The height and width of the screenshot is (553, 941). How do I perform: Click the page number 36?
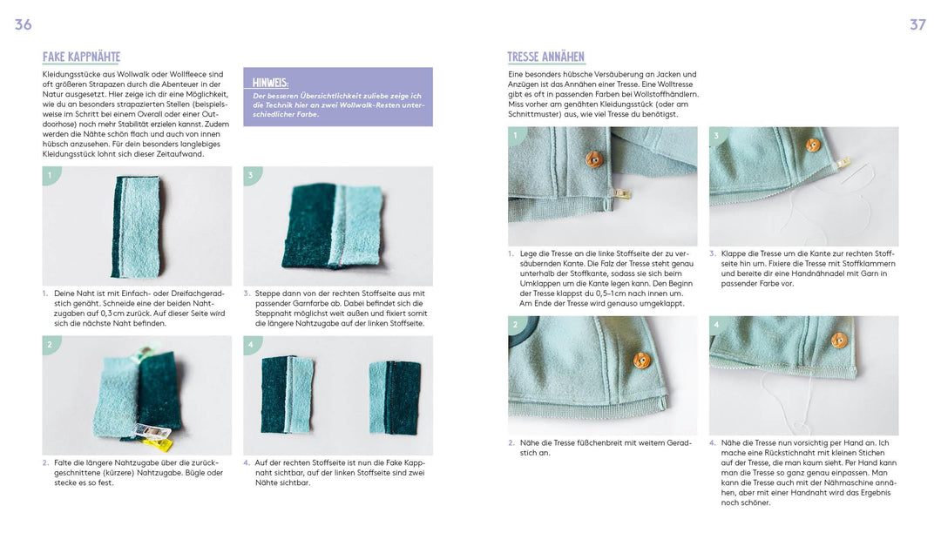coord(23,24)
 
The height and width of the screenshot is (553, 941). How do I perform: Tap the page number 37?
coord(917,24)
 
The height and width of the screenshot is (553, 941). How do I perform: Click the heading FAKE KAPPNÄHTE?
coord(81,57)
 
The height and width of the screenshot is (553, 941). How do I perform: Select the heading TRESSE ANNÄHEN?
coord(545,57)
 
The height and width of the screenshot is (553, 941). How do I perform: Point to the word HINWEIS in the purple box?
coord(270,83)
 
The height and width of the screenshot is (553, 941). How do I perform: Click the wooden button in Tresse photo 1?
coord(593,158)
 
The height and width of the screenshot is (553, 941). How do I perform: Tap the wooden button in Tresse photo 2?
coord(642,360)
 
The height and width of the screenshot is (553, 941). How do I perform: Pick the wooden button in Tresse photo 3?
coord(813,145)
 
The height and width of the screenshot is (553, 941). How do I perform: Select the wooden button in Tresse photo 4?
coord(839,341)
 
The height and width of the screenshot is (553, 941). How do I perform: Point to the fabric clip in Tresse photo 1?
coord(620,193)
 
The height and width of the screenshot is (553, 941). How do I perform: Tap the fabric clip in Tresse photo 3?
coord(842,163)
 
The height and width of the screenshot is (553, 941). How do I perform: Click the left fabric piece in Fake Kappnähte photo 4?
coord(287,395)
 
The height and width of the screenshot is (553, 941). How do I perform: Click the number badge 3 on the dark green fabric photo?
coord(251,175)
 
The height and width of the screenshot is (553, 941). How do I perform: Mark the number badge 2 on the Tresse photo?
coord(515,325)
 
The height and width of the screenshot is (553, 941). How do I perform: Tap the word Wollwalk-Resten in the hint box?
coord(376,105)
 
